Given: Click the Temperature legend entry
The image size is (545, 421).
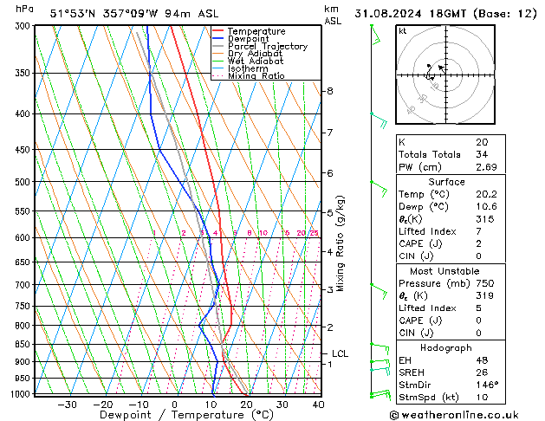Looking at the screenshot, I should click(256, 31).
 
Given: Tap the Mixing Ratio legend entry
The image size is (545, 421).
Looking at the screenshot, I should click(256, 76).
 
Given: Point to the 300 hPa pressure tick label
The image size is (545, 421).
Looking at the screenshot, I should click(24, 26).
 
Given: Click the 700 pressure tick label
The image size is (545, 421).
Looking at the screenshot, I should click(24, 285).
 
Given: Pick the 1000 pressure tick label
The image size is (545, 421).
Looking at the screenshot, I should click(22, 394).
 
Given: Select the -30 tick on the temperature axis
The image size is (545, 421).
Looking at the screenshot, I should click(67, 405).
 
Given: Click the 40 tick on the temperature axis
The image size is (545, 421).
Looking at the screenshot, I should click(318, 405).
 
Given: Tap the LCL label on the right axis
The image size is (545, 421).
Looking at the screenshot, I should click(340, 353).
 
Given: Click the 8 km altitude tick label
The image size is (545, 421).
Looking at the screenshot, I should click(329, 91).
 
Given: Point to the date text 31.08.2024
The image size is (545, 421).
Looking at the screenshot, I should click(407, 13).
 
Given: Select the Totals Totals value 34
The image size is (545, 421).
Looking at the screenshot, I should click(482, 154).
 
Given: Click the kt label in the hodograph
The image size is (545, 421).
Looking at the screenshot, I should click(402, 30).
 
